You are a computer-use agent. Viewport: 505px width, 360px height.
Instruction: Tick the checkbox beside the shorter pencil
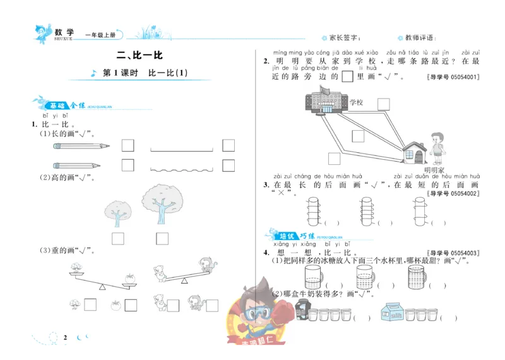coord(128,165)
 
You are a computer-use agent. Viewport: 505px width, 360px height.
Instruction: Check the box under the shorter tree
coord(117,238)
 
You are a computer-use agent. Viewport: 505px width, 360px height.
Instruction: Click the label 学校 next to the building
coord(357,102)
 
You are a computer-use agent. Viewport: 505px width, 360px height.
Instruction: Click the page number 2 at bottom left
coord(65,337)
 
